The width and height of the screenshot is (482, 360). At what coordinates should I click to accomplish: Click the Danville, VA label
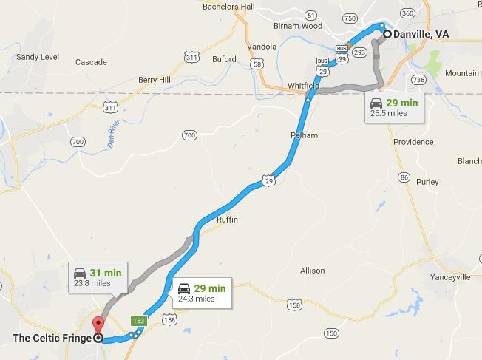point(421,34)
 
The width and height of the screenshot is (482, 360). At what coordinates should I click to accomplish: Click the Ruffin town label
point(228,220)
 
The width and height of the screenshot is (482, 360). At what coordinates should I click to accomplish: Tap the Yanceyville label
point(450,277)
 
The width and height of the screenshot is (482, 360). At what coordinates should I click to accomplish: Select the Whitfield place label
point(303,86)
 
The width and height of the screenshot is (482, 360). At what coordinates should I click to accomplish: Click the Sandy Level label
point(37,56)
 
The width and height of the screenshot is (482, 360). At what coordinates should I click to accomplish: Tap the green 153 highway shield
point(138,321)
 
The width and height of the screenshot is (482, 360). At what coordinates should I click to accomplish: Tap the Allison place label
point(312,271)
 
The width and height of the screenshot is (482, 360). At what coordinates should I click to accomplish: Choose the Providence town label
point(413,142)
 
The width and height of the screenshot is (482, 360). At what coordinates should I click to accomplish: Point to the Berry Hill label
point(154,80)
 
